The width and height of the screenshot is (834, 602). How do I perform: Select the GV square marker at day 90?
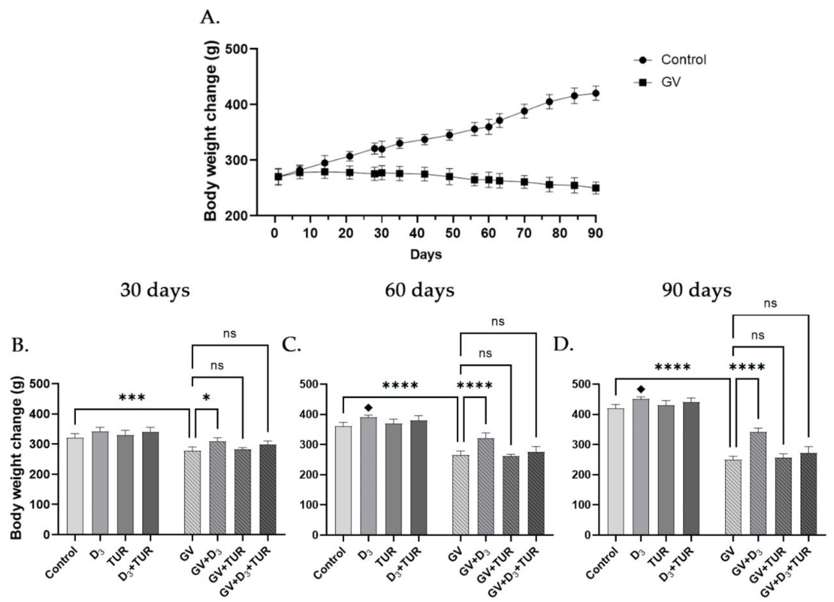pyautogui.click(x=595, y=188)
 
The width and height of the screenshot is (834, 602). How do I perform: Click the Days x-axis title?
pyautogui.click(x=426, y=254)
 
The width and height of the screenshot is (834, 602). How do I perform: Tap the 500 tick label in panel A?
pyautogui.click(x=236, y=49)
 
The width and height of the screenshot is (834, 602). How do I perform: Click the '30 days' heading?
pyautogui.click(x=155, y=290)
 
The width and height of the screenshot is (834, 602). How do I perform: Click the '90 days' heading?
pyautogui.click(x=697, y=290)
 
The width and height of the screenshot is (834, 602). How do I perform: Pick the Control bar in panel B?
pyautogui.click(x=75, y=485)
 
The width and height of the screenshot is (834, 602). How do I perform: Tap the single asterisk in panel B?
pyautogui.click(x=206, y=398)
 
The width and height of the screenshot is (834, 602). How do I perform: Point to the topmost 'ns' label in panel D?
pyautogui.click(x=770, y=303)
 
